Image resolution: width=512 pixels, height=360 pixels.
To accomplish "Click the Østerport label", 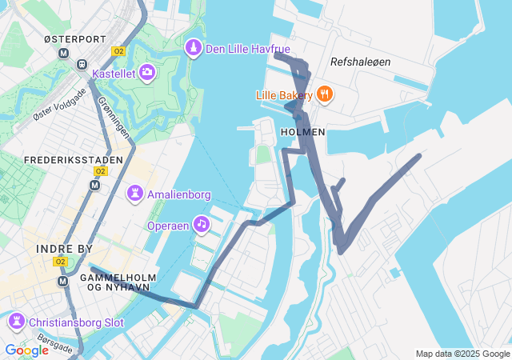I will pyautogui.click(x=75, y=38).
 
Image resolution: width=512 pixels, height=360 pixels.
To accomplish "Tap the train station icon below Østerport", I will pyautogui.click(x=81, y=64).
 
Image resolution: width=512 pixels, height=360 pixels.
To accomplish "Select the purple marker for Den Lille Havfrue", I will pyautogui.click(x=193, y=50).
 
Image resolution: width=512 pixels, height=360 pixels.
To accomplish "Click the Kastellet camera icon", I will pyautogui.click(x=147, y=73).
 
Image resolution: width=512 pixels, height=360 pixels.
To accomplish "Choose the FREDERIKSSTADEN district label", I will pyautogui.click(x=73, y=160).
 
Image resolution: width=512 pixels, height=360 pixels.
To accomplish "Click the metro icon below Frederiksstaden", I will pyautogui.click(x=95, y=185).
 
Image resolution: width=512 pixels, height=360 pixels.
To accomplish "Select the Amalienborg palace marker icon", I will pyautogui.click(x=135, y=193).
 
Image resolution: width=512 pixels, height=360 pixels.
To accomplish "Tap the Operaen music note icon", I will pyautogui.click(x=202, y=225).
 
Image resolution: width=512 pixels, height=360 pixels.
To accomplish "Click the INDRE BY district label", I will pyautogui.click(x=64, y=249).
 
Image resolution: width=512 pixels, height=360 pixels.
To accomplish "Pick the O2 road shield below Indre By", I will pyautogui.click(x=61, y=262).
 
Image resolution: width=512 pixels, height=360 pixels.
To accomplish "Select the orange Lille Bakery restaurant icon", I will pyautogui.click(x=324, y=94).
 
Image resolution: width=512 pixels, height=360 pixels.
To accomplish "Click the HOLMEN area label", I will pyautogui.click(x=303, y=131).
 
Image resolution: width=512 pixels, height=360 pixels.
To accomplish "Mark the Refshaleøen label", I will pyautogui.click(x=361, y=62).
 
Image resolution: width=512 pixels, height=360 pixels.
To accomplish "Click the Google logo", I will pyautogui.click(x=26, y=350).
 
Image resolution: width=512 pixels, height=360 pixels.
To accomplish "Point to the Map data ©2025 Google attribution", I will pyautogui.click(x=462, y=354).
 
